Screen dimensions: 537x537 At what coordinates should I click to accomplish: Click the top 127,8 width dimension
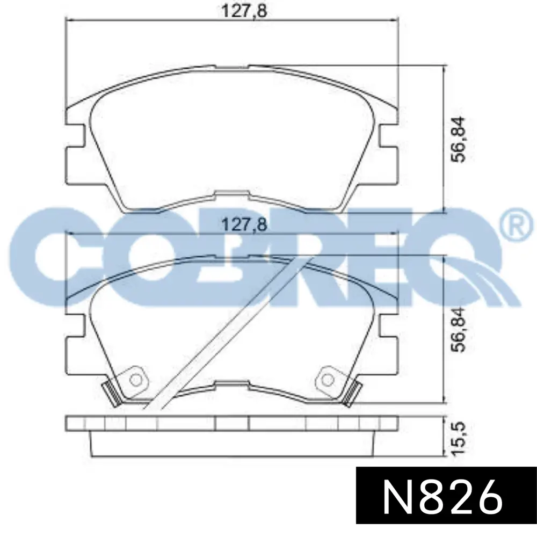(244, 11)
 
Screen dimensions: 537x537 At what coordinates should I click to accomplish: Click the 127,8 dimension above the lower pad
(244, 225)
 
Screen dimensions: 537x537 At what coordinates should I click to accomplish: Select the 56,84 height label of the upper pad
(458, 139)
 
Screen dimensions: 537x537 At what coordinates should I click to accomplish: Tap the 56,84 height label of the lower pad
(458, 329)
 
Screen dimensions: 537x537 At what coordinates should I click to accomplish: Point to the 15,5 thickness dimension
(458, 439)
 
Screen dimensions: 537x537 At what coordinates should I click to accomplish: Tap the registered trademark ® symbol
(518, 227)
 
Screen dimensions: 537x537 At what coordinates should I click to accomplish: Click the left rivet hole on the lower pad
(136, 380)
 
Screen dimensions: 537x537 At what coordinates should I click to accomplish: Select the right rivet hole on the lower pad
(328, 380)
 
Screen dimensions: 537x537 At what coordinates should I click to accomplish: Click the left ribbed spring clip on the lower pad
(111, 394)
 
